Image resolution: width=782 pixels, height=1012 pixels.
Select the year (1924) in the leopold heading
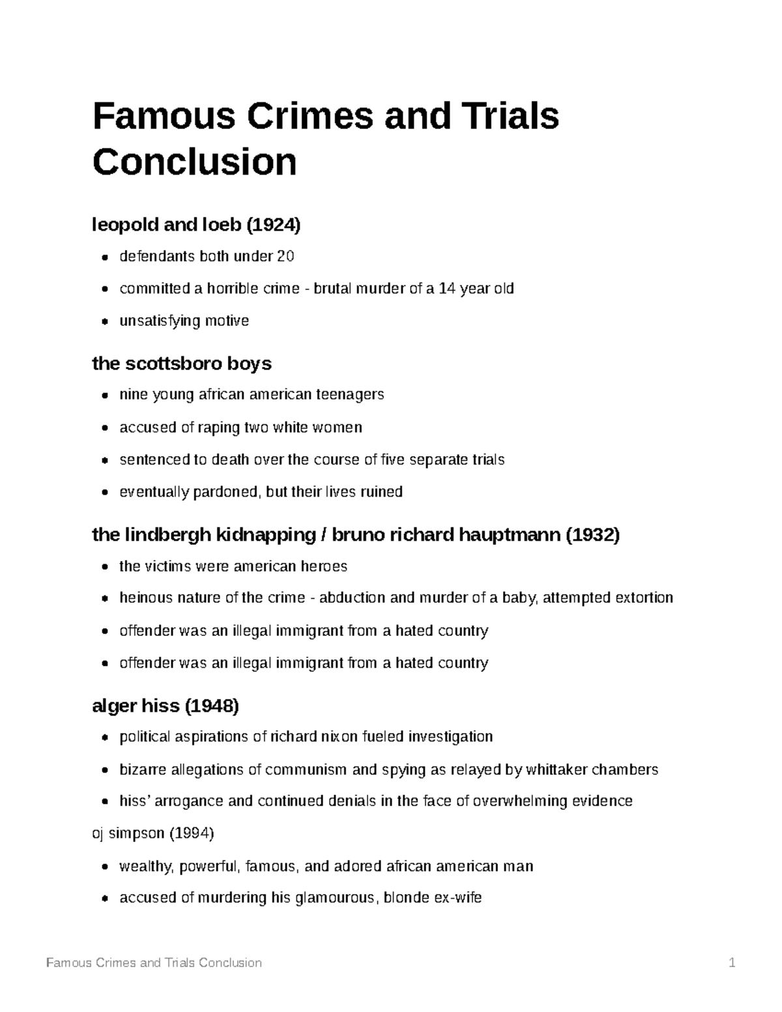[273, 225]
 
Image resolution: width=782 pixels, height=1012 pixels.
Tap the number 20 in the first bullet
[285, 257]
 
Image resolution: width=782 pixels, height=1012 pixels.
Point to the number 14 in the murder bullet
[447, 288]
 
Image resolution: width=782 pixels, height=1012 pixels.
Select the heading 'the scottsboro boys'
[182, 363]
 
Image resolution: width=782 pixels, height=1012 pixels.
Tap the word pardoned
[227, 491]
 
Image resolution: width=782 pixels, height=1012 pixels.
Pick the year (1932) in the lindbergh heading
[592, 535]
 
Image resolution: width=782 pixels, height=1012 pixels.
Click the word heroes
[324, 566]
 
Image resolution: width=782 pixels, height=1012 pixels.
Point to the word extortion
[644, 598]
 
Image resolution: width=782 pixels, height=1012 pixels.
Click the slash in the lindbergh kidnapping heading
[323, 535]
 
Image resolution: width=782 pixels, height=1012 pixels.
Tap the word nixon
[340, 737]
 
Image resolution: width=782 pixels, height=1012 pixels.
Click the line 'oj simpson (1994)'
[153, 833]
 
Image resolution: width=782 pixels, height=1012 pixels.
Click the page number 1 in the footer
[732, 962]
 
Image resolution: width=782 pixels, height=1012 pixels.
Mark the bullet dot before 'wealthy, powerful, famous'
[105, 867]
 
